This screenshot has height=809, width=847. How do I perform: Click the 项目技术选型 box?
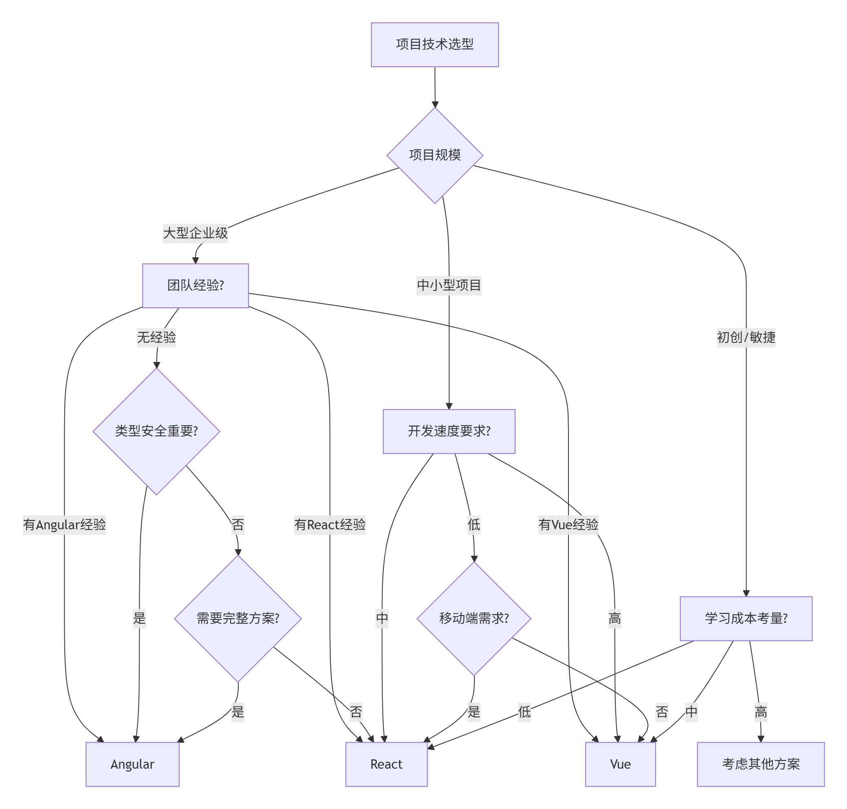click(435, 44)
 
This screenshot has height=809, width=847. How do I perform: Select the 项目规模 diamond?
click(435, 155)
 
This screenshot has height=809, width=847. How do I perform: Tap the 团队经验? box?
click(195, 285)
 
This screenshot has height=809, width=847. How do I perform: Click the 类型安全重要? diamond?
click(156, 431)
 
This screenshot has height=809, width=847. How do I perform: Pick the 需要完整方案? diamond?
click(238, 618)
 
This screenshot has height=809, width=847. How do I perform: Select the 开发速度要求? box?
click(449, 431)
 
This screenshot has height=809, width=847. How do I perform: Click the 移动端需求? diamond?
click(474, 618)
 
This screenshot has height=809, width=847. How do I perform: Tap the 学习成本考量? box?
click(746, 618)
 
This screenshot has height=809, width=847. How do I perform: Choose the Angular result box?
click(132, 764)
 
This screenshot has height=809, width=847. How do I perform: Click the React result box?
click(386, 764)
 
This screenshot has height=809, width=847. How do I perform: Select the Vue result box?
click(620, 764)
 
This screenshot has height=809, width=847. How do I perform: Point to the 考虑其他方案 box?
click(760, 764)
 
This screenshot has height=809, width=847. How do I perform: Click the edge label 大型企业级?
click(195, 233)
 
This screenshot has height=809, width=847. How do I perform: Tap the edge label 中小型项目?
click(449, 285)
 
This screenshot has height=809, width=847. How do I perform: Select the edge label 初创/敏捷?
click(746, 337)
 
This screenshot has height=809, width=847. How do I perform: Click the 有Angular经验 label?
click(64, 524)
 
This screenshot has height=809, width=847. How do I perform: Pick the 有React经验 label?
click(329, 524)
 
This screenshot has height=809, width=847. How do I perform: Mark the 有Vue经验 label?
click(568, 524)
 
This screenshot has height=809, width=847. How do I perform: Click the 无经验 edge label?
click(156, 337)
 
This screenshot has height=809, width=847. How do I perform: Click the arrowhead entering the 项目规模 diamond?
click(435, 104)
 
